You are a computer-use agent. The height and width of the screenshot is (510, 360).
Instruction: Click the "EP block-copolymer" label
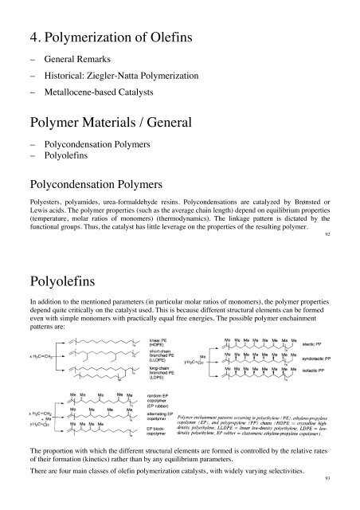point(161,461)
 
